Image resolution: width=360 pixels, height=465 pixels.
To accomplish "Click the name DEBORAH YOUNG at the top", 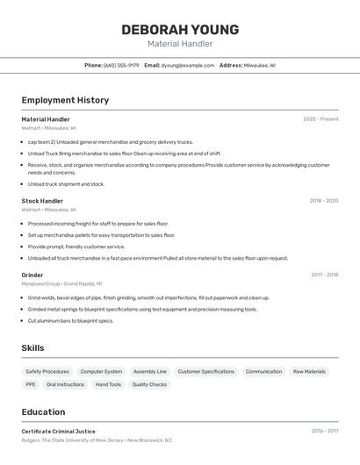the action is (x=180, y=29).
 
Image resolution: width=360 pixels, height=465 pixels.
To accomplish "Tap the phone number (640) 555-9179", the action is (x=121, y=65).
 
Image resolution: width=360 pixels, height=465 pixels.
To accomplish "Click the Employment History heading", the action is (x=65, y=100).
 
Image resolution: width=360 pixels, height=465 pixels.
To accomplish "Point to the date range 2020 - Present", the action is (x=320, y=119).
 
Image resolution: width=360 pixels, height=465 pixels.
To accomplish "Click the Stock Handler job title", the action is (x=42, y=201).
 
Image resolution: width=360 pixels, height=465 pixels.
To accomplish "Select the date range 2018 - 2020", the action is (x=323, y=201).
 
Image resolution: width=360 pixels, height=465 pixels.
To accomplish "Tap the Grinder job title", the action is (x=32, y=275).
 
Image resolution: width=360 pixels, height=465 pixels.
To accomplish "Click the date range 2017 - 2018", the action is (x=324, y=275).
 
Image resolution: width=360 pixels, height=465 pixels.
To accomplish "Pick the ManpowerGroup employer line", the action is (x=61, y=283).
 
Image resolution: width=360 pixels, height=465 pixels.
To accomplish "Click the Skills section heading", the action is (x=32, y=348).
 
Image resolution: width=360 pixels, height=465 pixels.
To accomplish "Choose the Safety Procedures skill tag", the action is (x=47, y=371).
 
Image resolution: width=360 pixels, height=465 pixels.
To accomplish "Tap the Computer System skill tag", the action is (x=101, y=371).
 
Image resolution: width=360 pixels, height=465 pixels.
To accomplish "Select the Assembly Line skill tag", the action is (x=150, y=371).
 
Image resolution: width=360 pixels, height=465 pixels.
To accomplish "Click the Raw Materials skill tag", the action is (x=309, y=371).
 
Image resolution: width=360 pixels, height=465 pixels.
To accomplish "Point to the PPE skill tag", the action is (x=31, y=384).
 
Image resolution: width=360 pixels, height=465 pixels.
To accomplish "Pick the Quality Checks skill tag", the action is (x=149, y=384).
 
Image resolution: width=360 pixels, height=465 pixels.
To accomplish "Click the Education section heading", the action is (x=43, y=411).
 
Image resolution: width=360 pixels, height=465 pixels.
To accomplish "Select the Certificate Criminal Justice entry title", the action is (x=58, y=432).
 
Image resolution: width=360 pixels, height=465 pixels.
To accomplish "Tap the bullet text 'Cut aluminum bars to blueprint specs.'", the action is (x=70, y=321).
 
